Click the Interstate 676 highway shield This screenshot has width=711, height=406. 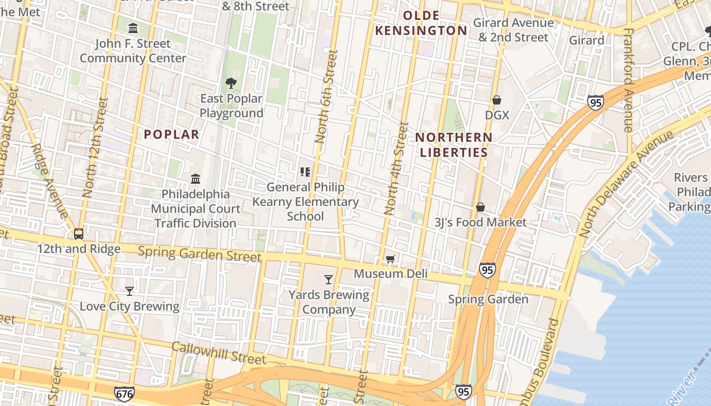[x=124, y=393]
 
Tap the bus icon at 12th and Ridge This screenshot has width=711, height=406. [x=79, y=234]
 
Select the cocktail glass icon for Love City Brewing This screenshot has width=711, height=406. [x=130, y=291]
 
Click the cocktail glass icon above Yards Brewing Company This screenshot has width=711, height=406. [x=329, y=279]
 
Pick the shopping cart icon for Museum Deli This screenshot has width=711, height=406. [x=390, y=259]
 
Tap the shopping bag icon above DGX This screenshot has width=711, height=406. [x=497, y=100]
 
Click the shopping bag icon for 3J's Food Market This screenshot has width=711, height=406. [x=480, y=207]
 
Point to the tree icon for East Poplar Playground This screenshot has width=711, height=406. [x=231, y=83]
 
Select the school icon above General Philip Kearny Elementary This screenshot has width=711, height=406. [x=305, y=172]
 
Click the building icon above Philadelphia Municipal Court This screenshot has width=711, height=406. [x=196, y=179]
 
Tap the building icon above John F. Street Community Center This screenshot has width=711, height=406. [x=133, y=28]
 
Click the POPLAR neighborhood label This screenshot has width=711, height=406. [x=172, y=134]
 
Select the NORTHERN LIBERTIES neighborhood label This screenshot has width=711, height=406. [x=454, y=145]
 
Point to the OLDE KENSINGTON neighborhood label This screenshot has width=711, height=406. [x=421, y=23]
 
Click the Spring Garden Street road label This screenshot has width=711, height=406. [x=200, y=254]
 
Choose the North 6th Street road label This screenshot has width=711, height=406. [x=326, y=96]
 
